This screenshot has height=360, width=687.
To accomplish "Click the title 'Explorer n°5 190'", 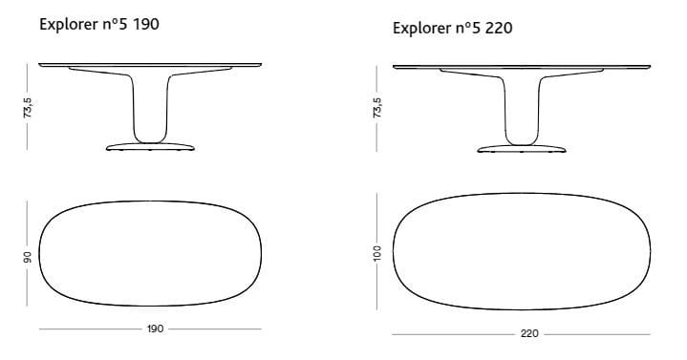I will [x=98, y=24].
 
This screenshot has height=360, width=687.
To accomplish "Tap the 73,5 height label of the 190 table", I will [x=30, y=106].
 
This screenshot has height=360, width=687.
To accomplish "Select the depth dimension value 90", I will [x=29, y=256].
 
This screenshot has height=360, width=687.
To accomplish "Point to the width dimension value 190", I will [x=155, y=328].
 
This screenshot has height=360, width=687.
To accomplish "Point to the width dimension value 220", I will [x=529, y=334].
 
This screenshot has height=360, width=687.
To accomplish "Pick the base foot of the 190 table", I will [x=149, y=147].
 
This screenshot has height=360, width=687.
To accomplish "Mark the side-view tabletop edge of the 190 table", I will [x=149, y=65].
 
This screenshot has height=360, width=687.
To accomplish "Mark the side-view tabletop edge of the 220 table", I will [x=521, y=67].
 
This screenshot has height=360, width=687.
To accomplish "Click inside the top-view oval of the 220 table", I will [x=521, y=253].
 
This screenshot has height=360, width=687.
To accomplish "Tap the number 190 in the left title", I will [x=145, y=24].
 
